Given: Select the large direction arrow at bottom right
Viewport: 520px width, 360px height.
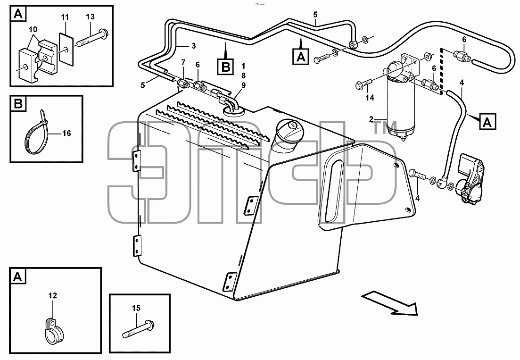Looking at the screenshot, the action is (x=389, y=302).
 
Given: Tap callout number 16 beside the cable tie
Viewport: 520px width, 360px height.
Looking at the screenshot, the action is (x=66, y=133).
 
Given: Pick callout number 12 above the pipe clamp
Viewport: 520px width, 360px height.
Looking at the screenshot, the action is (x=53, y=295).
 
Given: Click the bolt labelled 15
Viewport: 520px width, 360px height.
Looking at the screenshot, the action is (x=137, y=329).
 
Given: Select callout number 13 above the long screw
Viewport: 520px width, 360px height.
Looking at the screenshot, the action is (x=90, y=17).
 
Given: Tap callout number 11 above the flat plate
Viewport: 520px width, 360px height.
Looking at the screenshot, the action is (x=65, y=17).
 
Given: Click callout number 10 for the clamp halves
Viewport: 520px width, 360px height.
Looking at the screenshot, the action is (x=33, y=30).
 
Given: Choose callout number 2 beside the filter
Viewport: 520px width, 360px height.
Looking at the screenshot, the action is (x=371, y=119).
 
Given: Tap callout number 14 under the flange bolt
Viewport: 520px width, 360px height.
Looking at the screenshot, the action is (x=370, y=97).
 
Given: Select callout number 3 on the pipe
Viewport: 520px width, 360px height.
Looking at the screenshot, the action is (x=194, y=46).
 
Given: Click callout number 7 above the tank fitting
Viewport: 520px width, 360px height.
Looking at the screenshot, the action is (x=183, y=62).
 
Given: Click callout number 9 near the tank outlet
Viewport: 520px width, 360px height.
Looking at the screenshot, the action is (x=244, y=85).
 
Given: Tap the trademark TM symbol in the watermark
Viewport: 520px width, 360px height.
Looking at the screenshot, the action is (x=385, y=127).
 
